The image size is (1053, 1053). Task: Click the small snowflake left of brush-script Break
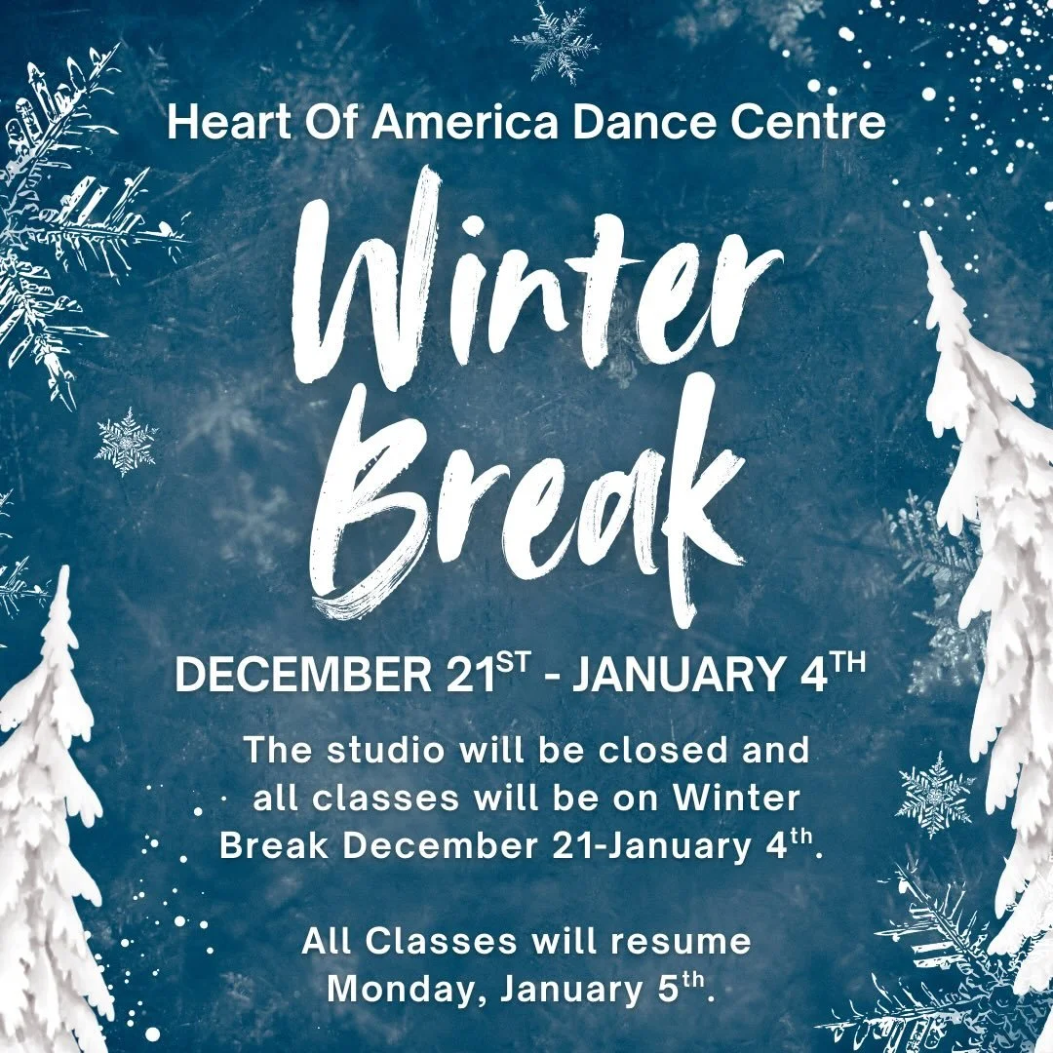(126, 442)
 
